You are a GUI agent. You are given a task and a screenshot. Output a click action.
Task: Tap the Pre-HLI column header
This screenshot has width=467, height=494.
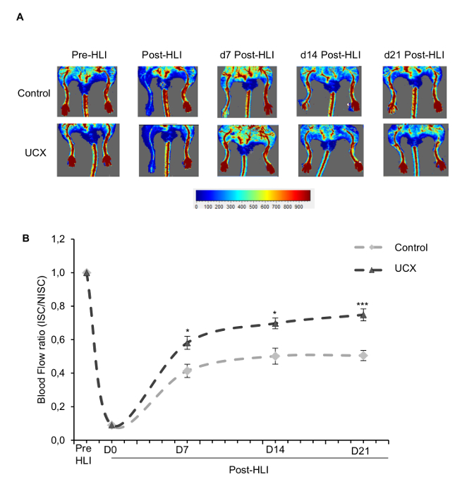89,55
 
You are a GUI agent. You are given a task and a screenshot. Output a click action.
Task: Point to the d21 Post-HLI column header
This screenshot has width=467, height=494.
415,55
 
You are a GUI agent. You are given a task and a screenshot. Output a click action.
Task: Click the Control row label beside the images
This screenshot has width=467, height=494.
35,92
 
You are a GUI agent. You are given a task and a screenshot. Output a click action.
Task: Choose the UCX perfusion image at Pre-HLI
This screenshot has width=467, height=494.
89,150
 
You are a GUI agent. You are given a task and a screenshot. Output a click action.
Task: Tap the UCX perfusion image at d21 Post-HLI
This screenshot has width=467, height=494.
414,150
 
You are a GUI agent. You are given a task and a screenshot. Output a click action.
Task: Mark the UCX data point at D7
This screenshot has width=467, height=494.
187,344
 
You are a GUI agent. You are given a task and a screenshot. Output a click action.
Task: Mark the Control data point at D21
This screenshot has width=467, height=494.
363,356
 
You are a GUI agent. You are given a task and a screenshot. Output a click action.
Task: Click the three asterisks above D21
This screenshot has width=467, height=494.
363,306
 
